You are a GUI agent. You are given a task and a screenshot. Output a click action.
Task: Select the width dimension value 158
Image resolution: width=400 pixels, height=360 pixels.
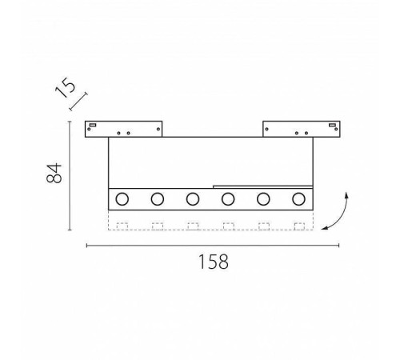[x=214, y=262]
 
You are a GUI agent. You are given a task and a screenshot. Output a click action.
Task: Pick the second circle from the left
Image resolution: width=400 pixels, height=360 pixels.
[x=158, y=198]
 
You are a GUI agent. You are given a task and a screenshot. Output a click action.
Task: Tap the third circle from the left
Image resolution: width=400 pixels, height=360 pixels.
[x=193, y=198]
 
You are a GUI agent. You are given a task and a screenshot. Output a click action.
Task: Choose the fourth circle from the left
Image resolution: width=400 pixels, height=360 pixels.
[x=228, y=198]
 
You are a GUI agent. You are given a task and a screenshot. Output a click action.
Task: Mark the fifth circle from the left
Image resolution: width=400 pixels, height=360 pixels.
[x=263, y=198]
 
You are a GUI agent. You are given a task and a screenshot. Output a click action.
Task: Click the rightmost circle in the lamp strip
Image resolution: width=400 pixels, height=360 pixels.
[x=298, y=198]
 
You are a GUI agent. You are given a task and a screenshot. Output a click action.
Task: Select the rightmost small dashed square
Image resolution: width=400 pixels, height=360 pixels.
[x=299, y=225]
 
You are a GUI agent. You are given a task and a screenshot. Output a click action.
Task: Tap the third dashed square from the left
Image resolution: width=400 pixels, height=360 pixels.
[x=193, y=225]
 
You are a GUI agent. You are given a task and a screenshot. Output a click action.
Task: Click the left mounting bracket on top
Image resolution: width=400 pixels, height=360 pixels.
[x=124, y=128]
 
